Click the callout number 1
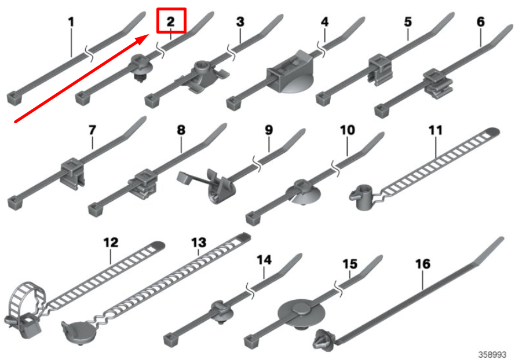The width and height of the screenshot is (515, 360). coord(71,22)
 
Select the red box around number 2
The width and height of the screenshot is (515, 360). coord(171,21)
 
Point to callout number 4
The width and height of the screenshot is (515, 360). coord(324,22)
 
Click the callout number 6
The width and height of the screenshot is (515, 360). coord(480,22)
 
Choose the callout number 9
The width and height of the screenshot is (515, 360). coord(269,130)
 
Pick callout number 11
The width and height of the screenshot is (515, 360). coord(436,130)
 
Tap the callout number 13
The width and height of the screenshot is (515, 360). coord(199,243)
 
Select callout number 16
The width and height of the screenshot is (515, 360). coord(423,264)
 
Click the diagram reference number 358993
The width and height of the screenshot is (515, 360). coord(492,354)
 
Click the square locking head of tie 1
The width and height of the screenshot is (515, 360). coord(13,98)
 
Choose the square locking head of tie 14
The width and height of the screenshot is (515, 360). coord(170,339)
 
